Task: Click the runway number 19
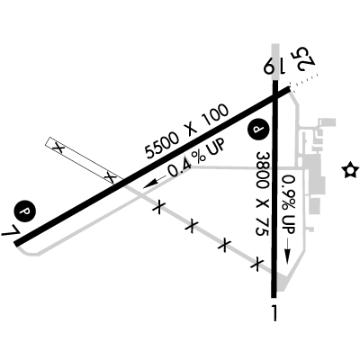[274, 66]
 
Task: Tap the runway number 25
[304, 59]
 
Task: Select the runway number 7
[11, 230]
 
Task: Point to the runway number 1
[274, 313]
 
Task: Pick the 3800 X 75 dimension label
[262, 194]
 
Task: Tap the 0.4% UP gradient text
[196, 158]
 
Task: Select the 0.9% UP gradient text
[289, 204]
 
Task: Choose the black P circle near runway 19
[258, 130]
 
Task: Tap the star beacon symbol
[350, 170]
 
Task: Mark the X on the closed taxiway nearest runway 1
[256, 264]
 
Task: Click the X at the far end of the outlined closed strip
[58, 148]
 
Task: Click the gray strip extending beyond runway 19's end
[275, 62]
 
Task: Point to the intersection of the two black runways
[275, 95]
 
